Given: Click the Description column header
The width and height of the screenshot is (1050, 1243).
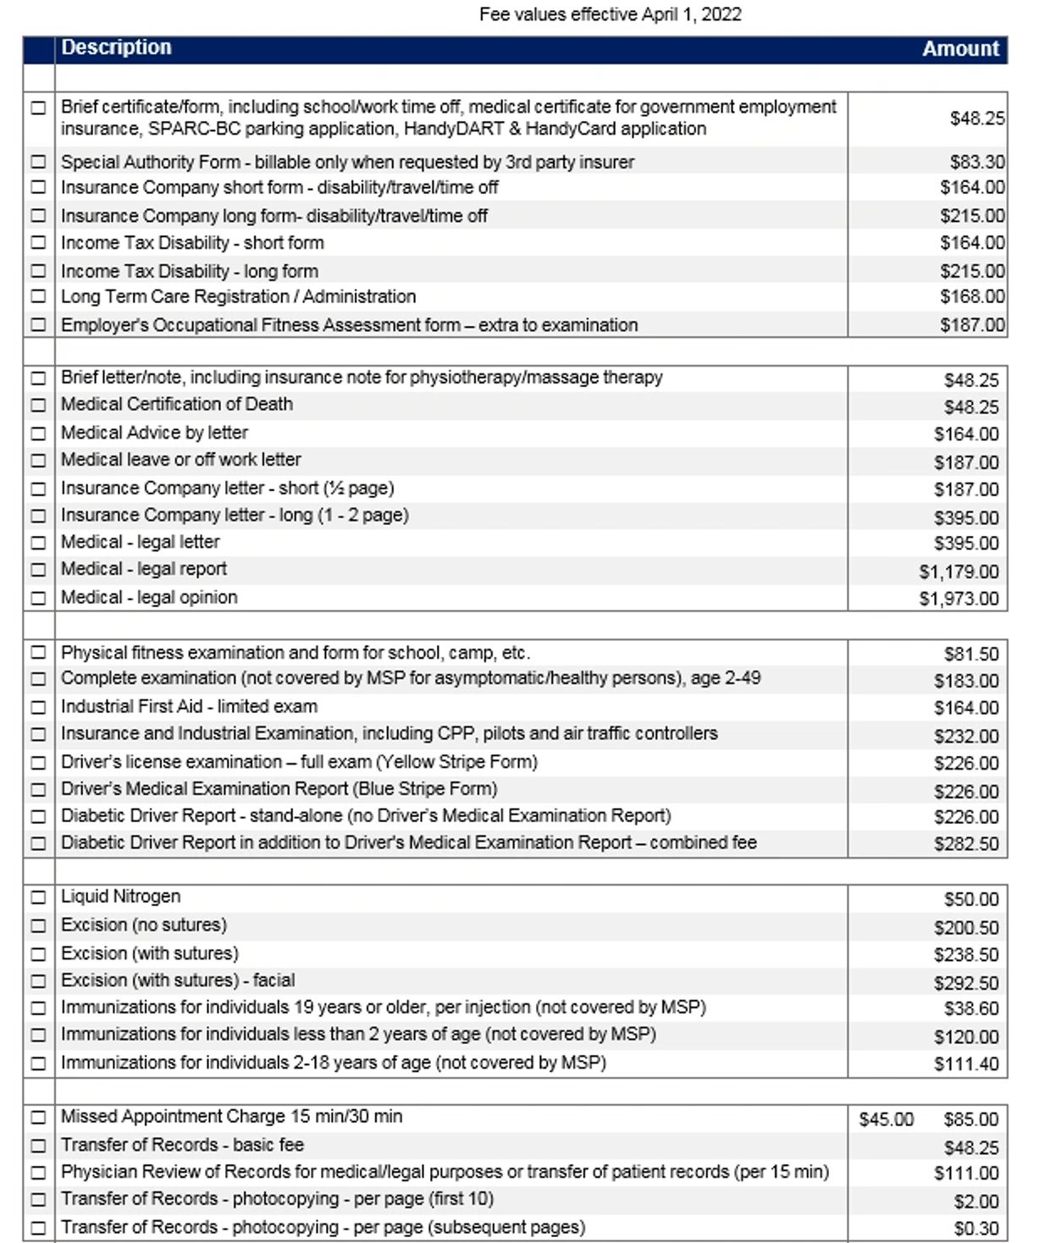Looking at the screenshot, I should pos(116,47).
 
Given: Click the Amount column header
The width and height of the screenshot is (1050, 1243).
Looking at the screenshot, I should pos(960,49).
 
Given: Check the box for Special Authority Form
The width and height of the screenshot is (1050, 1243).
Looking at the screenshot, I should pos(38,162).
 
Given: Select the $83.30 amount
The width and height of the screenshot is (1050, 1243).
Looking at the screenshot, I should pos(977,162).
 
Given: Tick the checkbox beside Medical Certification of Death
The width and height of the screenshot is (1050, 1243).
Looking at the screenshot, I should pos(38,405).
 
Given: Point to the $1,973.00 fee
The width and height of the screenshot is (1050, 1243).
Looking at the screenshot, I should pos(959,599).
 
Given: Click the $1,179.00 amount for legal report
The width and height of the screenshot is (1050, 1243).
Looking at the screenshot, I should pos(959,572).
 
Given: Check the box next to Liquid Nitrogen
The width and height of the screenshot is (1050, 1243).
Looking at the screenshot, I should pos(38,897).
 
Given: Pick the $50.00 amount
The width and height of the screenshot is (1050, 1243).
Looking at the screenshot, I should pos(971,899).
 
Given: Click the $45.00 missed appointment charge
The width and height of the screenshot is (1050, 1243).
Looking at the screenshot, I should pos(886,1119).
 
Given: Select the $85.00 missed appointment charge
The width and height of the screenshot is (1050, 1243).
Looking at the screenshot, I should pos(971,1119).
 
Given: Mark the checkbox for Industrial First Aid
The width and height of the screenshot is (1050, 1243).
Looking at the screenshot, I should pos(38,707).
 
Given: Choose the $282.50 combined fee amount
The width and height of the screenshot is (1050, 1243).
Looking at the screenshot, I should pos(966,843).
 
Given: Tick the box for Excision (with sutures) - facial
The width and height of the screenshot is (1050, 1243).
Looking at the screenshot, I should pos(38,981).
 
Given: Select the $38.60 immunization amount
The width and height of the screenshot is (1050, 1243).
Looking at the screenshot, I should pos(971,1008).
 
